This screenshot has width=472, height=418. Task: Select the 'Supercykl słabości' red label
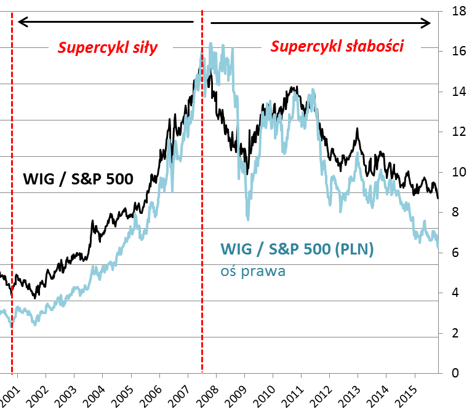[337, 47]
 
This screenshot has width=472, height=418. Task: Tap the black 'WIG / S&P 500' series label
[78, 179]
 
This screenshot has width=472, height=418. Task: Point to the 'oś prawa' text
[252, 270]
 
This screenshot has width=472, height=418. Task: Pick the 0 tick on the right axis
[455, 373]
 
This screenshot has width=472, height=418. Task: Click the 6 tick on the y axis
[455, 253]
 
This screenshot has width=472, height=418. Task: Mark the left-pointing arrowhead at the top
[22, 23]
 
